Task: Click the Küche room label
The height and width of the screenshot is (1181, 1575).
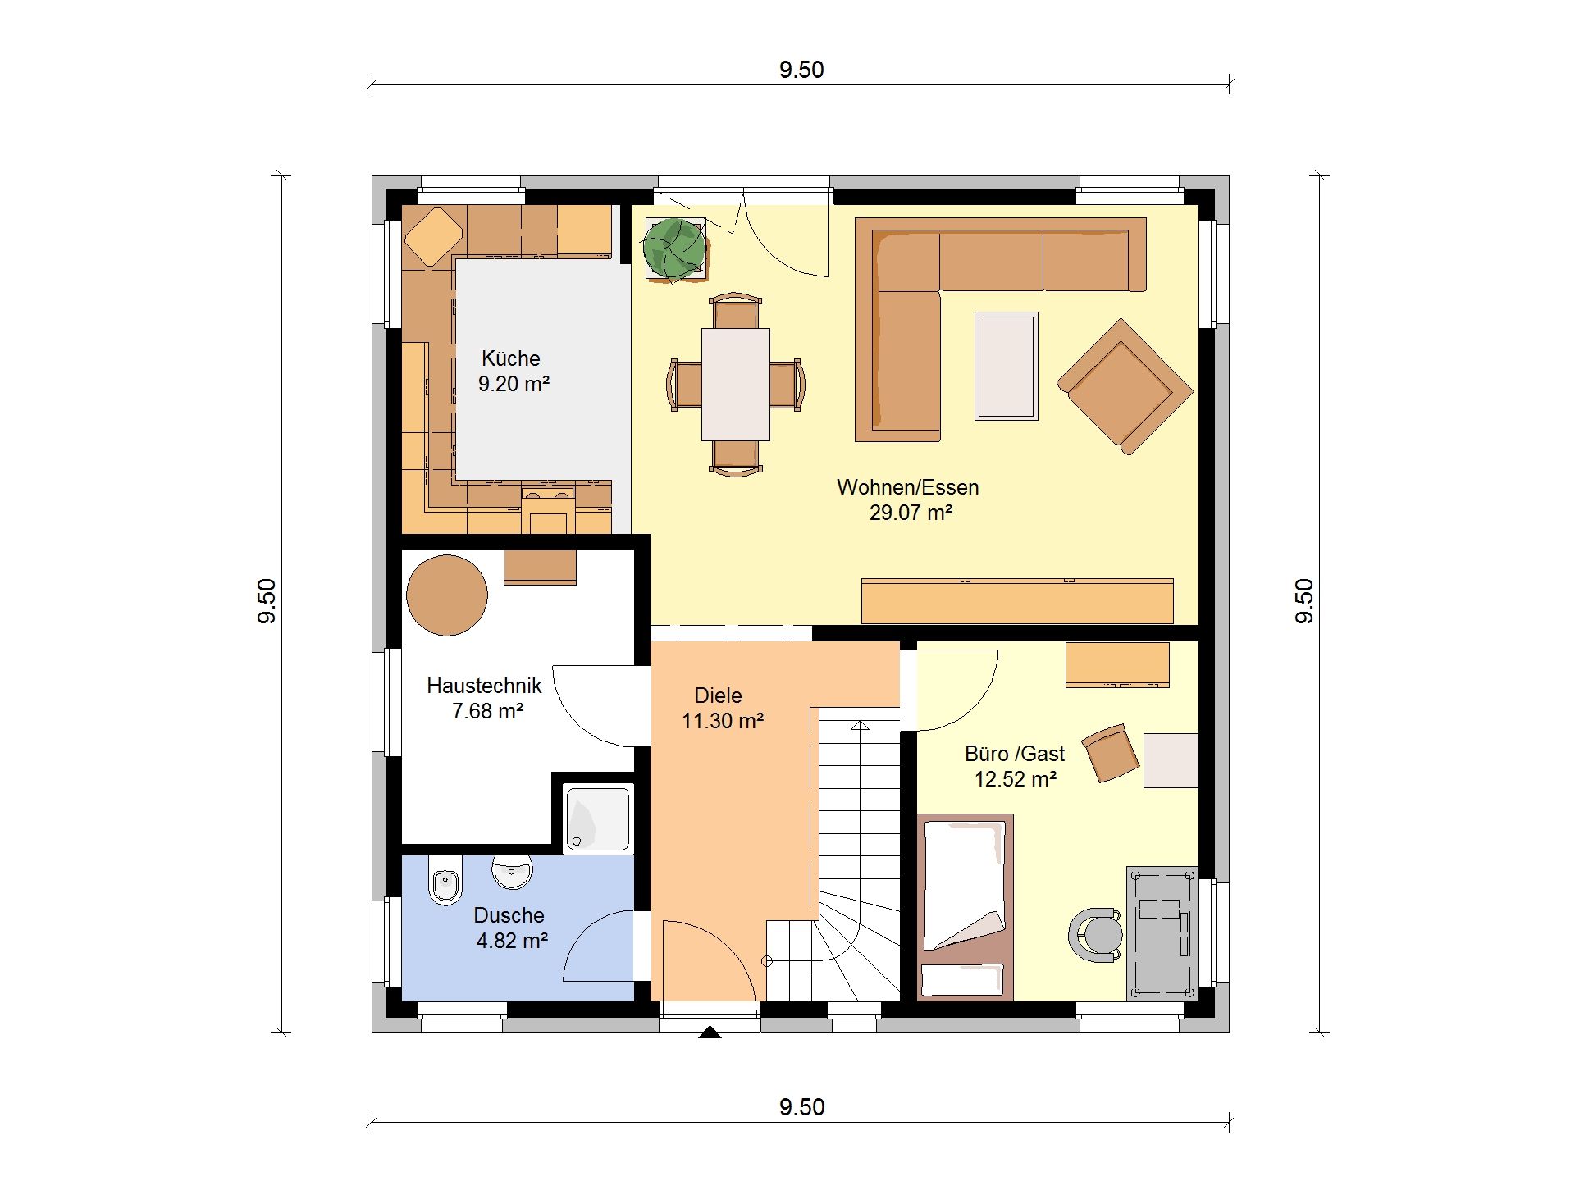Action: tap(510, 358)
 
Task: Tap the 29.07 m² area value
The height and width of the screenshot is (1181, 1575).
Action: tap(911, 513)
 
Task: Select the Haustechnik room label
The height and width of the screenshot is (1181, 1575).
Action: tap(484, 686)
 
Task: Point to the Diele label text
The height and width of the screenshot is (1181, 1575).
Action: tap(718, 695)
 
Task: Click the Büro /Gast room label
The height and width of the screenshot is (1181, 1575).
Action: tap(1015, 754)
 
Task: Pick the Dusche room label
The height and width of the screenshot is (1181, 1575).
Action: tap(509, 915)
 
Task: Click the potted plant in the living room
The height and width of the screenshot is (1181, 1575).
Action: tap(674, 248)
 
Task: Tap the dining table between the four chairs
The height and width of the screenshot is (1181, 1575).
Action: tap(736, 384)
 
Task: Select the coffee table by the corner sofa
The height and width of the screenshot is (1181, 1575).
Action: tap(1007, 366)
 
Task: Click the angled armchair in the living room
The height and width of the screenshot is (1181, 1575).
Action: tap(1125, 386)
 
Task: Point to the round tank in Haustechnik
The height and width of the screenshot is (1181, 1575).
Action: tap(447, 595)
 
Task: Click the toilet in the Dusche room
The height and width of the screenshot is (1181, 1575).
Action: tap(445, 881)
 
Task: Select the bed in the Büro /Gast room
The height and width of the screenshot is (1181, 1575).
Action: tap(965, 908)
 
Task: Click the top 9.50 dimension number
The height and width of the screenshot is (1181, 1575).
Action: tap(801, 70)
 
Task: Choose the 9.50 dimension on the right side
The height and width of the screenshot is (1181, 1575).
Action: tap(1303, 601)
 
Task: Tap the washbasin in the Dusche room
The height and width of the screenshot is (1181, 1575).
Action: tap(512, 872)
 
